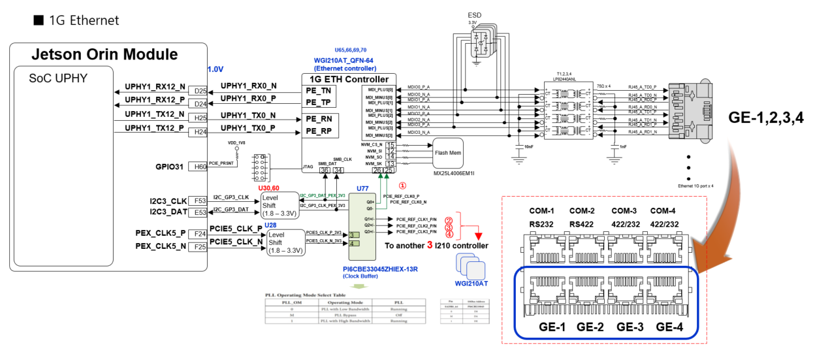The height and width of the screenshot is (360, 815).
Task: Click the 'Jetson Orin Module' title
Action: point(105,54)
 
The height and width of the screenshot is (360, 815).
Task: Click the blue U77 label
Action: point(362,188)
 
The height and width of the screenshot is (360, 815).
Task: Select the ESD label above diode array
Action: point(475,14)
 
